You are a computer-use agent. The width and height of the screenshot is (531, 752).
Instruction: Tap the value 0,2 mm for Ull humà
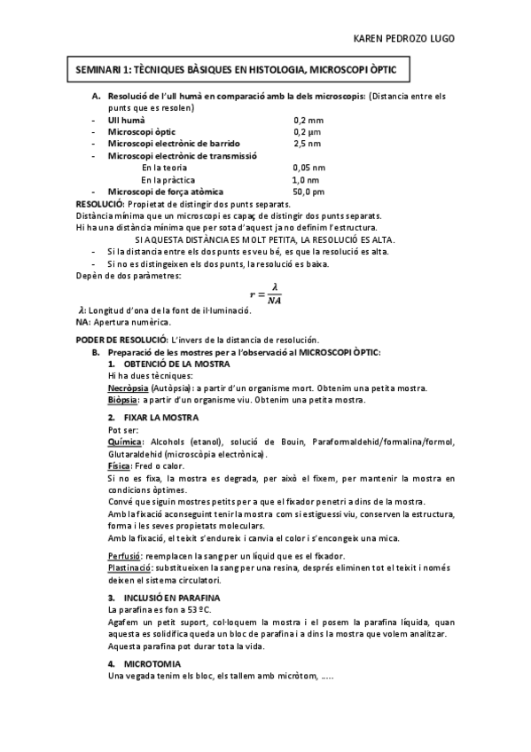308,119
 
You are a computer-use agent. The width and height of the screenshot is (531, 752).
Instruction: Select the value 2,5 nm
308,143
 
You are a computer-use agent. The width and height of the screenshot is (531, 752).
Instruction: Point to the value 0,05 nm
308,167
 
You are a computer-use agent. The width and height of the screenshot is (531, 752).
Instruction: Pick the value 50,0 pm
308,191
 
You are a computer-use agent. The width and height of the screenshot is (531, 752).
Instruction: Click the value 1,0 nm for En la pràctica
306,179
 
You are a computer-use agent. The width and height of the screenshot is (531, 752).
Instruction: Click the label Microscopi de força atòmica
165,191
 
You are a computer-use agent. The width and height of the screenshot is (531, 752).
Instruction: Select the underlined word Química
123,441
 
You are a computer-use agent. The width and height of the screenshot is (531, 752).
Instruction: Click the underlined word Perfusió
121,554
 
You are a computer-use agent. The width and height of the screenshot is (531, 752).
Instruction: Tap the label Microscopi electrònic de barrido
173,143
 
